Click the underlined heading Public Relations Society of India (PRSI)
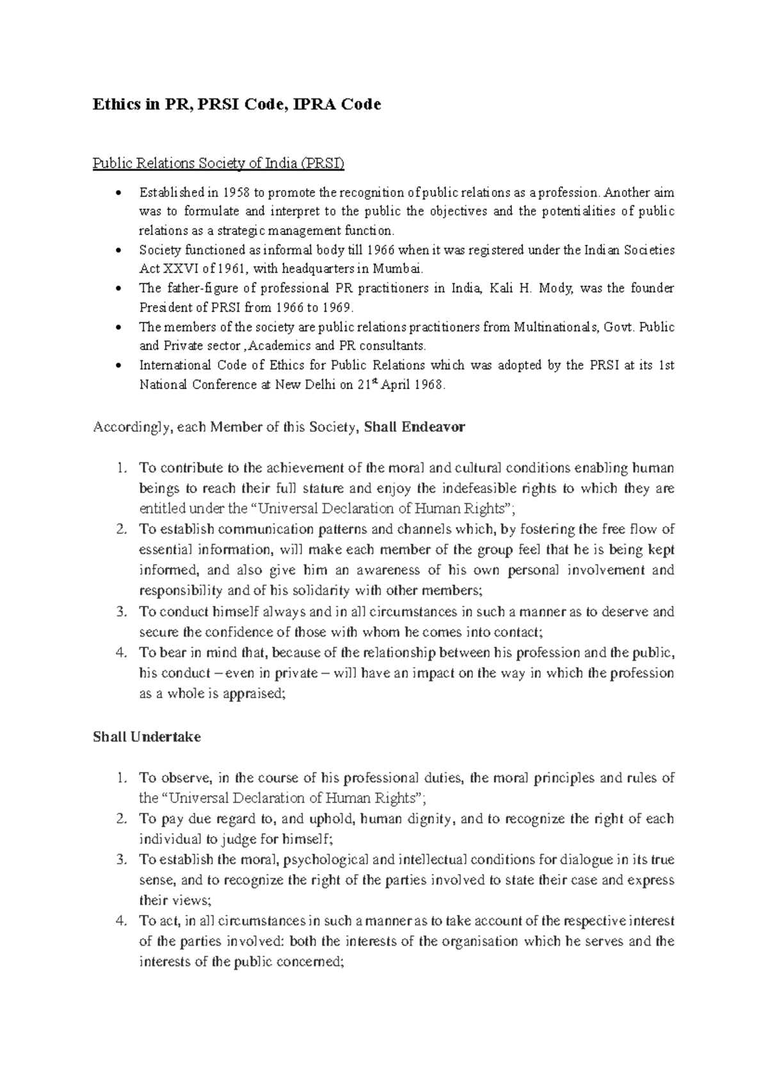tap(218, 164)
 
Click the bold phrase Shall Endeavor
tap(413, 427)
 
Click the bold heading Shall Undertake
tap(147, 736)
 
